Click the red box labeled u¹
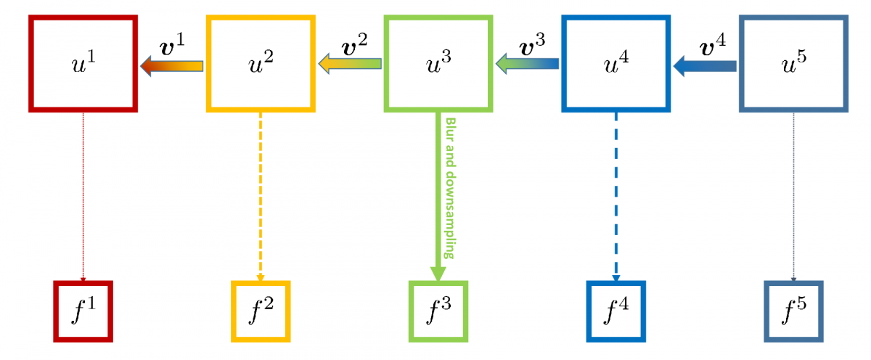(83, 64)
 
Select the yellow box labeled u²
(261, 64)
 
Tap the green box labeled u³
(438, 64)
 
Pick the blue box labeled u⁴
(616, 64)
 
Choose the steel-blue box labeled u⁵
(793, 64)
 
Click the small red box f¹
(83, 311)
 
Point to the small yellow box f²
(261, 311)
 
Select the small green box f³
(438, 311)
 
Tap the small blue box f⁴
(616, 311)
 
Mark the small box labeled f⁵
(793, 311)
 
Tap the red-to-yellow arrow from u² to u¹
(172, 67)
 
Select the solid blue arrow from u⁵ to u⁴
(705, 67)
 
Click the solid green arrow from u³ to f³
(438, 196)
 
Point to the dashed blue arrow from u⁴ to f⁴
(616, 196)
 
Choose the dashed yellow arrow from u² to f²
(261, 196)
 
